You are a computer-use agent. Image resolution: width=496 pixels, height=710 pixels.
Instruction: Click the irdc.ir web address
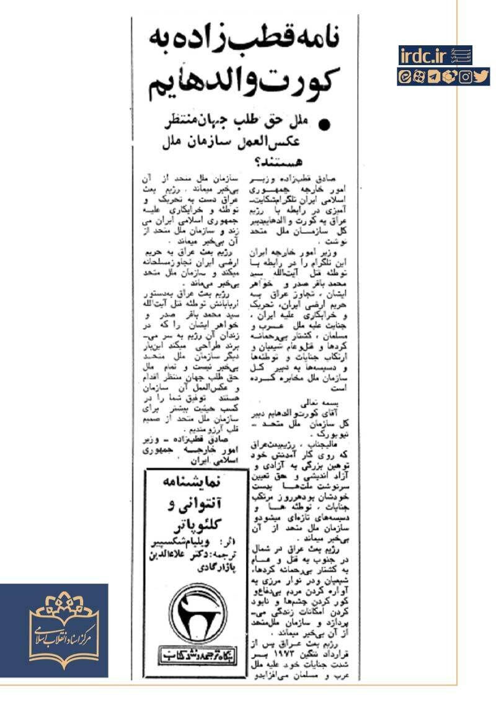(424, 55)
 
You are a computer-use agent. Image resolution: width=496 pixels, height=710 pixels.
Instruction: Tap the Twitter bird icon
(482, 78)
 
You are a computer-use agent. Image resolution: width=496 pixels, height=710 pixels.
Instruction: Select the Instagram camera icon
(468, 78)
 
